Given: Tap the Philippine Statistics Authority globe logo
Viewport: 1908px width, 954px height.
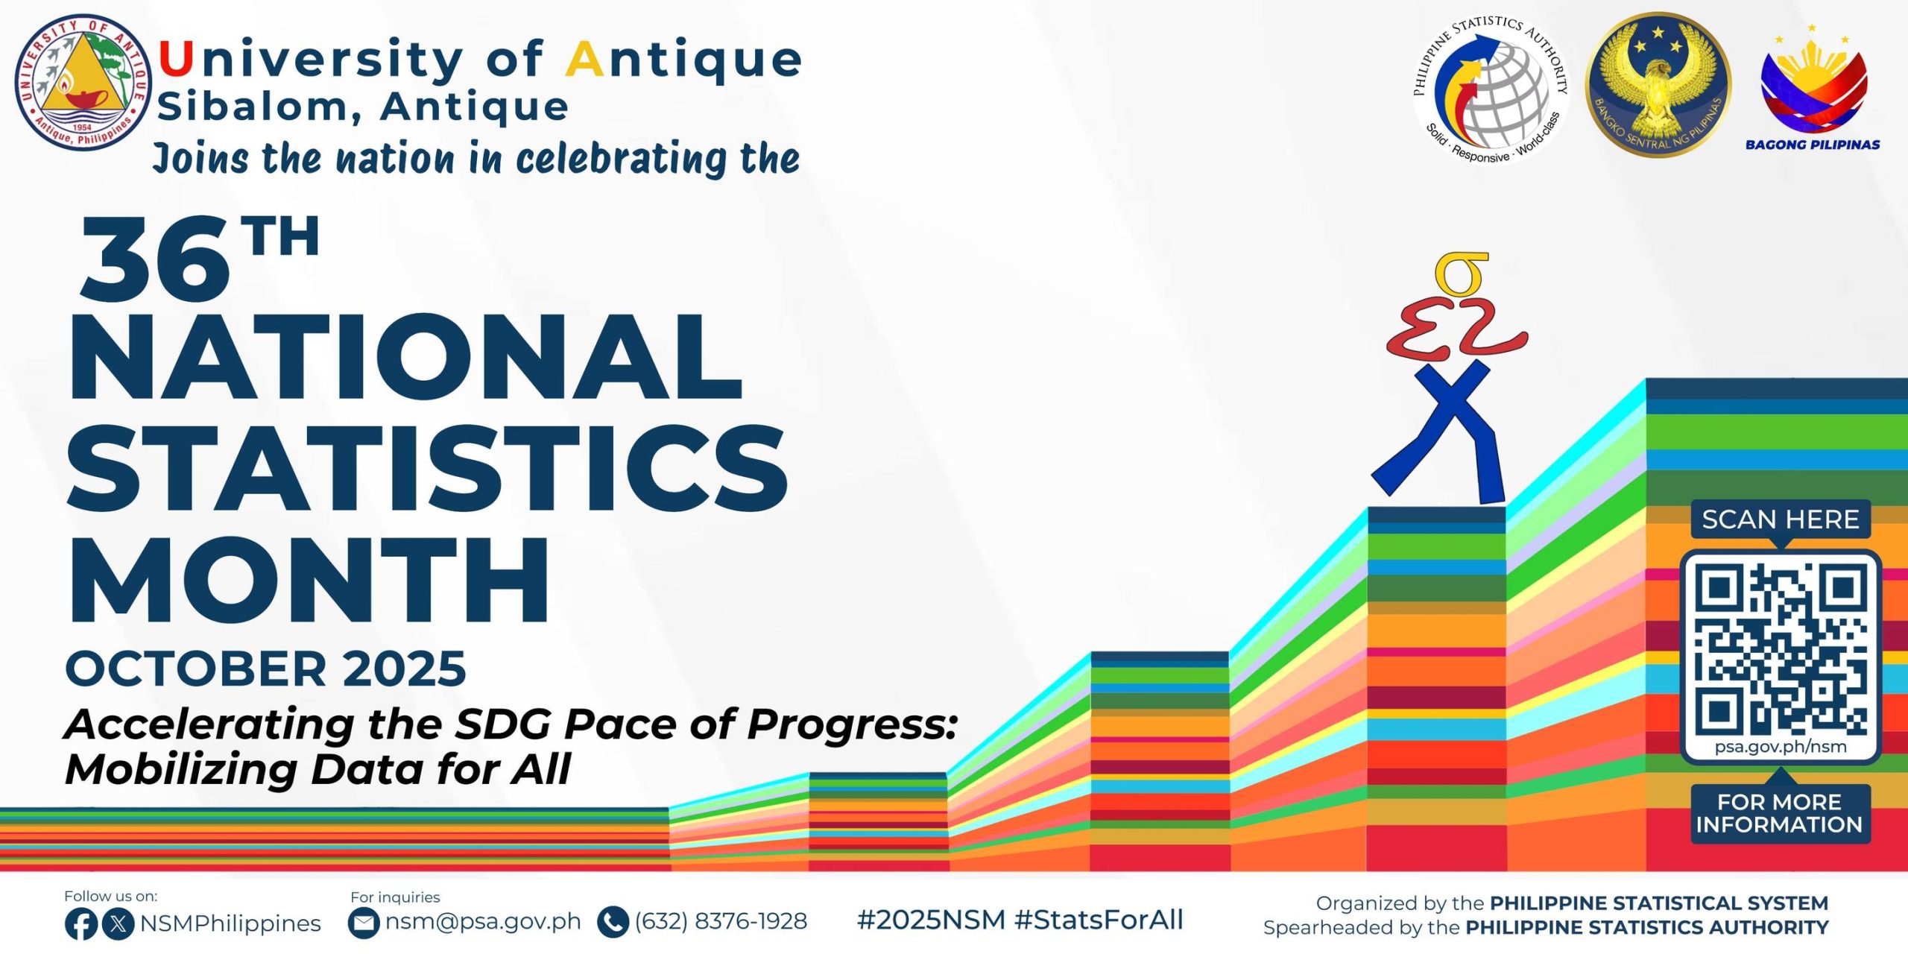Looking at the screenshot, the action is click(x=1491, y=89).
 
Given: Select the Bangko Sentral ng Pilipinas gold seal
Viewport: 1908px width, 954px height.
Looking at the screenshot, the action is click(x=1658, y=85).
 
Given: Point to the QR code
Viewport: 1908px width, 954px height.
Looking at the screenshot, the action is click(x=1781, y=648).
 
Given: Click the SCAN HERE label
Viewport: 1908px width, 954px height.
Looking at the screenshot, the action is click(x=1781, y=519).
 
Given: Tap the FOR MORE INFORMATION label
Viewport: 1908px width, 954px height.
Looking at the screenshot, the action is click(x=1780, y=813).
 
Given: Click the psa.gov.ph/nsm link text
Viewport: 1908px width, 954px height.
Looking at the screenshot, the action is click(x=1781, y=747).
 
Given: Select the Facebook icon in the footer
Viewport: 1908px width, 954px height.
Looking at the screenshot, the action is click(x=80, y=923).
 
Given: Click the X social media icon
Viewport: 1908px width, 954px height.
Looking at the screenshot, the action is click(x=118, y=923).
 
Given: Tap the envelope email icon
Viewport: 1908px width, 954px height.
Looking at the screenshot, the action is click(x=364, y=923).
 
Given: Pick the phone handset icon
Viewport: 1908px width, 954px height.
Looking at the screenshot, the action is click(x=613, y=922).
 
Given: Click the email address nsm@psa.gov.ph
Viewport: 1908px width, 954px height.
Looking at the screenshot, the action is click(x=482, y=922).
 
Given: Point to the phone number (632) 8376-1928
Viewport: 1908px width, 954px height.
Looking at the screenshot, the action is click(x=721, y=921).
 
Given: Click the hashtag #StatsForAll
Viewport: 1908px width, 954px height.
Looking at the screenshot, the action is click(x=1099, y=920).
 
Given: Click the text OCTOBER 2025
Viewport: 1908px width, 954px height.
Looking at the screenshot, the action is click(x=266, y=668).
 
